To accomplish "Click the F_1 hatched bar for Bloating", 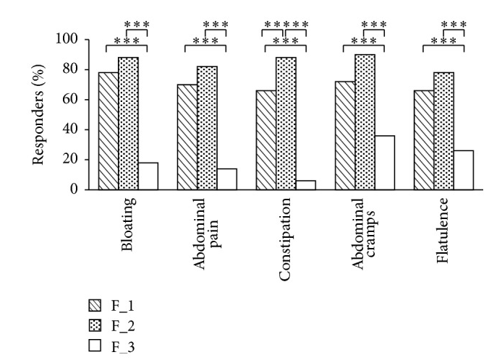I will (x=109, y=131).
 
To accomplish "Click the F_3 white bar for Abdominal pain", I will (x=226, y=179).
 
